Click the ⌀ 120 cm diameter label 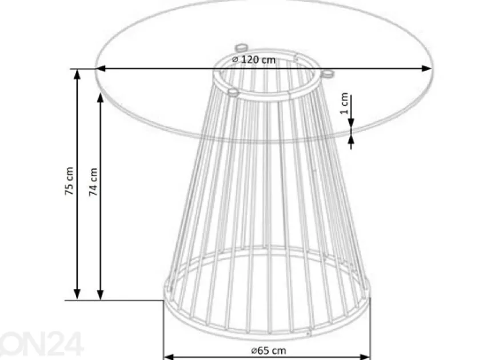(x=253, y=59)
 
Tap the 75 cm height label (x=69, y=181)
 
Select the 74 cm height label (x=93, y=182)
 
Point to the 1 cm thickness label (x=344, y=103)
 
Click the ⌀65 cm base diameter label (x=269, y=351)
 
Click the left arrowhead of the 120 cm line (x=101, y=69)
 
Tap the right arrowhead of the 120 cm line (x=426, y=69)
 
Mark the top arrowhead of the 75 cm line (x=77, y=74)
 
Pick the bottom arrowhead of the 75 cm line (x=77, y=294)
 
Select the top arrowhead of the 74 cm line (x=101, y=98)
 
